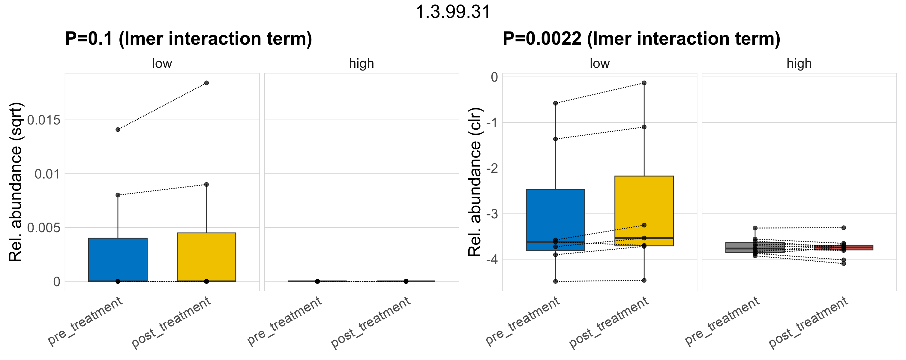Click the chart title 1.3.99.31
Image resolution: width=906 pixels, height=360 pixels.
pyautogui.click(x=453, y=12)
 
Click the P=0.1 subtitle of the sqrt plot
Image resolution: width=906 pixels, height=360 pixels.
pyautogui.click(x=188, y=39)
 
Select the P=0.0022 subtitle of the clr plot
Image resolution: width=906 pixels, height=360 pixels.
pyautogui.click(x=641, y=39)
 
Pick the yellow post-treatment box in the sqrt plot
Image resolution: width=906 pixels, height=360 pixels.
pyautogui.click(x=206, y=256)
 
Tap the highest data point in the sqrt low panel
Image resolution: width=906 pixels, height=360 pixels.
pyautogui.click(x=206, y=83)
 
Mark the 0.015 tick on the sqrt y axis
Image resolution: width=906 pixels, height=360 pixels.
pyautogui.click(x=44, y=120)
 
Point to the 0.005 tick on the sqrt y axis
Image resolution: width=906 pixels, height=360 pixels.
pyautogui.click(x=44, y=228)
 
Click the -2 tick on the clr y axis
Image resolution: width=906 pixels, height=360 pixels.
pyautogui.click(x=492, y=168)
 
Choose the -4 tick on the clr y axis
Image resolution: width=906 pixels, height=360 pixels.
pyautogui.click(x=492, y=260)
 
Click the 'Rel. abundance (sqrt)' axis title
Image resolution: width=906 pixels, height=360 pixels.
pyautogui.click(x=16, y=182)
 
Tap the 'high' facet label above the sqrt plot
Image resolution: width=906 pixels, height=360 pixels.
pyautogui.click(x=361, y=64)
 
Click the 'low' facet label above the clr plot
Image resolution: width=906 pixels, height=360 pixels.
pyautogui.click(x=600, y=64)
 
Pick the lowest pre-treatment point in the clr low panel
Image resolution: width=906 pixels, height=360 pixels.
pyautogui.click(x=556, y=281)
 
